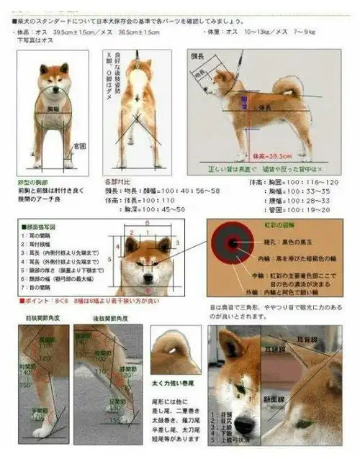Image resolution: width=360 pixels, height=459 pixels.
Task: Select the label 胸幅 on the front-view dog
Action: (x=53, y=109)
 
